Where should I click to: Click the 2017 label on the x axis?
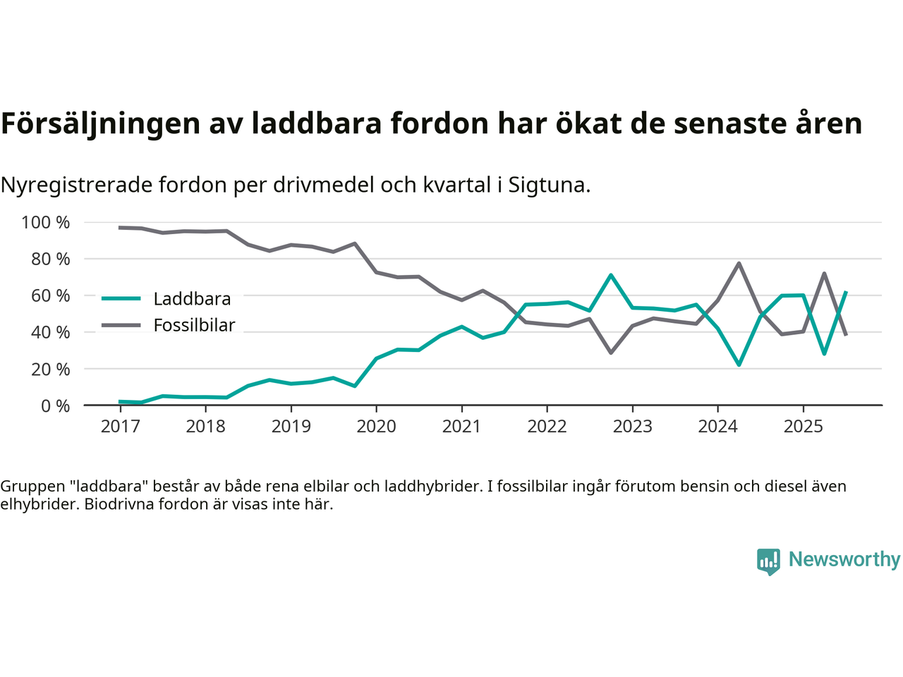(x=120, y=427)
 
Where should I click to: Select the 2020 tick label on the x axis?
(x=376, y=427)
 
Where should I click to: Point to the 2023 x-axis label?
(x=632, y=427)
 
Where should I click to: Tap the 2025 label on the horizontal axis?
(x=803, y=427)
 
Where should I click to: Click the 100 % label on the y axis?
(x=46, y=223)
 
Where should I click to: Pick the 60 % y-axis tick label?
(x=50, y=295)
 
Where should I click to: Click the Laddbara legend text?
(x=192, y=299)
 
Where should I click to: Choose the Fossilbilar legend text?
(x=194, y=326)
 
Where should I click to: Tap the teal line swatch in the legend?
(x=121, y=299)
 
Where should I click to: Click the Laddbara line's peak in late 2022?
(x=611, y=275)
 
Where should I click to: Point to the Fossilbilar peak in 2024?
(x=739, y=263)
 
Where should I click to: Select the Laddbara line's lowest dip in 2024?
(x=739, y=365)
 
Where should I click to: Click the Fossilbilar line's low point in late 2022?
(x=611, y=353)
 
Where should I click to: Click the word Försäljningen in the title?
(x=100, y=123)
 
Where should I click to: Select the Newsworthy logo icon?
(x=768, y=561)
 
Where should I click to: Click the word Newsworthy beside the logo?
(x=844, y=559)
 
